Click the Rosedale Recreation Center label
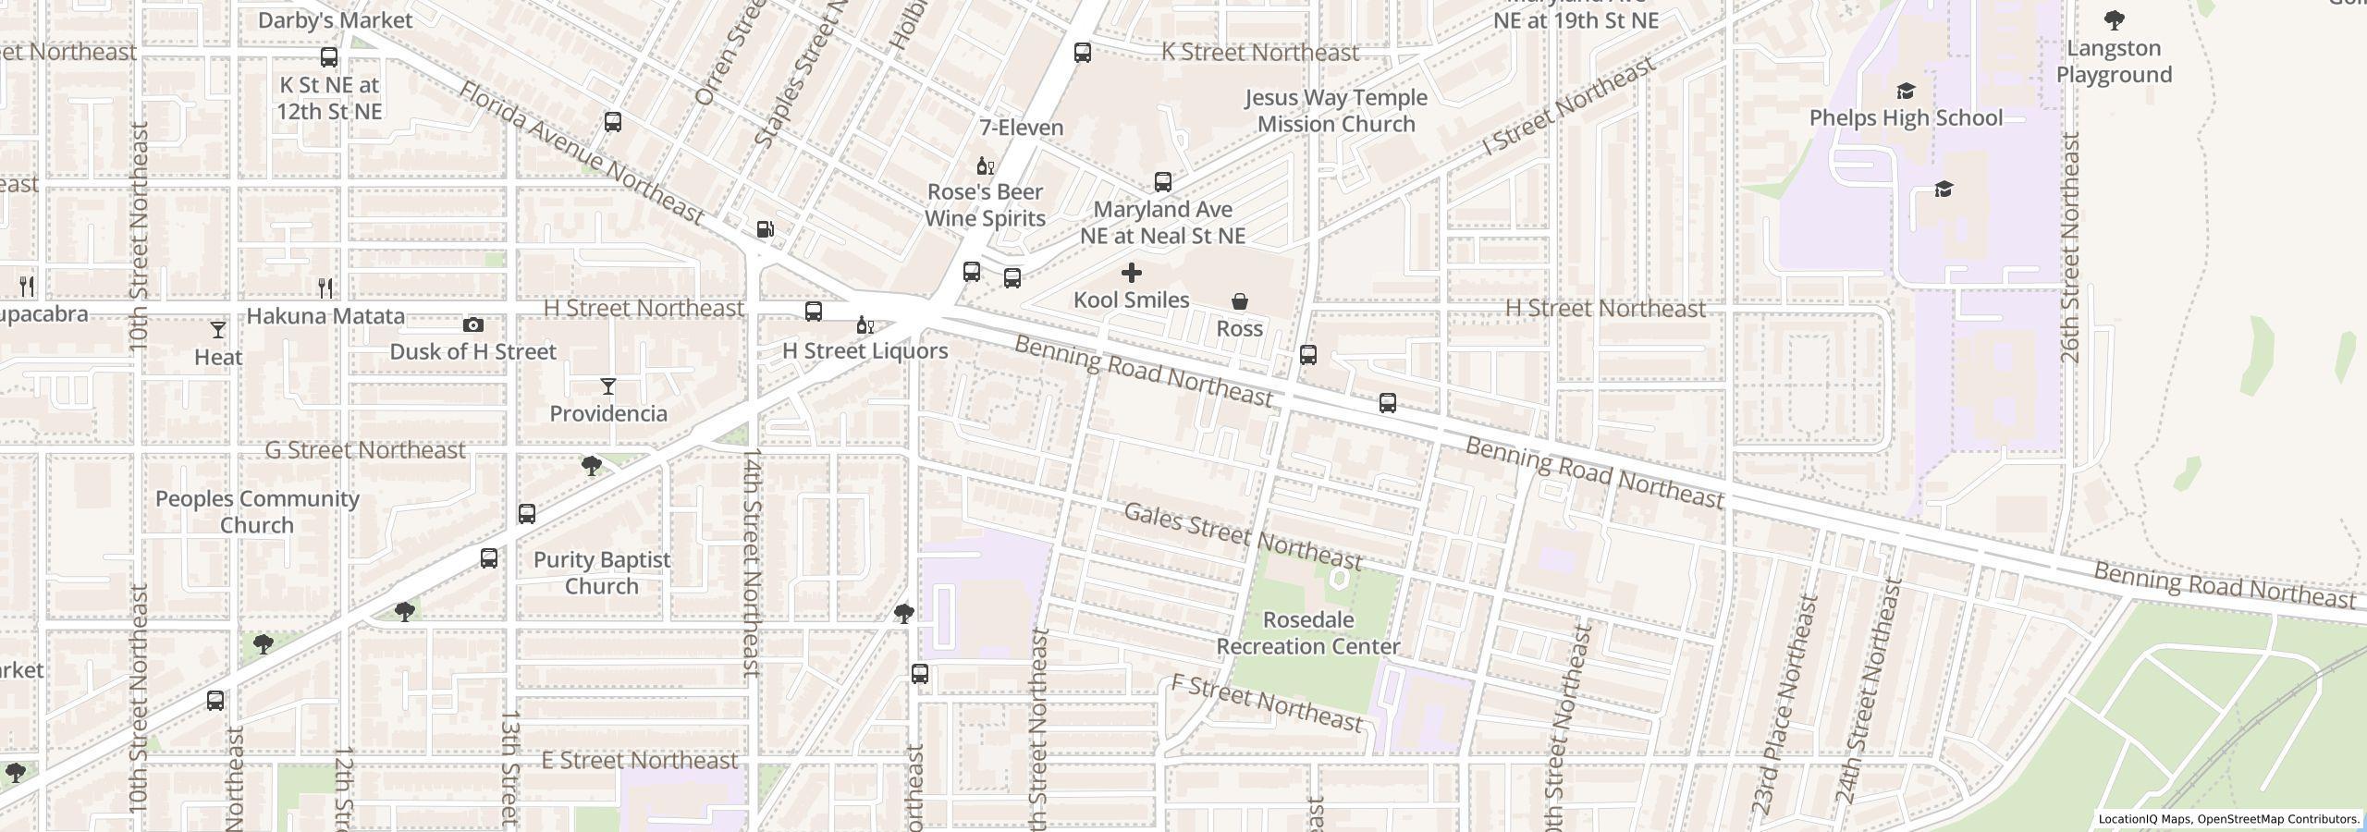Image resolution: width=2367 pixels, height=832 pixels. (1307, 633)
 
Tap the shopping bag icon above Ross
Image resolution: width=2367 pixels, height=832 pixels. (1239, 301)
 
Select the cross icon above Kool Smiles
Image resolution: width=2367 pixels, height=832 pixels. (1131, 273)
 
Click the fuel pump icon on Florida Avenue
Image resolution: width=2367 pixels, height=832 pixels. (765, 228)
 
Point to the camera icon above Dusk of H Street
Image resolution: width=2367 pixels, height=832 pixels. (472, 324)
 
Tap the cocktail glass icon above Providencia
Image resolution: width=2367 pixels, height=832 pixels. (607, 386)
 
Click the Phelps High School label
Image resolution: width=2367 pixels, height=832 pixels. (1906, 117)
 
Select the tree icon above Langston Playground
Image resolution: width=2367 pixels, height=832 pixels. (2114, 19)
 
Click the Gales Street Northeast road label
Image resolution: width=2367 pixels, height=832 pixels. (1243, 537)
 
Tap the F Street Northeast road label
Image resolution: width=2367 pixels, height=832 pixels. (1266, 702)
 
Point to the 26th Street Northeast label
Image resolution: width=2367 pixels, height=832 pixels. (2069, 248)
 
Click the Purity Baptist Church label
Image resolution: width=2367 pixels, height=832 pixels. (602, 572)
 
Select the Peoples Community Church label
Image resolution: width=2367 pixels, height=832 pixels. (257, 511)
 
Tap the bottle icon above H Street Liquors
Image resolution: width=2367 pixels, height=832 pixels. (865, 324)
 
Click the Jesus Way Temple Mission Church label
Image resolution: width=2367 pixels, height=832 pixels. (1335, 110)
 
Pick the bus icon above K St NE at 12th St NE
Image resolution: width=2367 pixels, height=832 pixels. (328, 57)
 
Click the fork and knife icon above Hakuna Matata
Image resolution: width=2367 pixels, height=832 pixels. (325, 288)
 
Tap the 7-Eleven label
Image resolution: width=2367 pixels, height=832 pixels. (1021, 128)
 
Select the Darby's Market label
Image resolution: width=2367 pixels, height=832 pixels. (335, 19)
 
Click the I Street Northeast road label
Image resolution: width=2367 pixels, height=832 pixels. (1567, 107)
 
